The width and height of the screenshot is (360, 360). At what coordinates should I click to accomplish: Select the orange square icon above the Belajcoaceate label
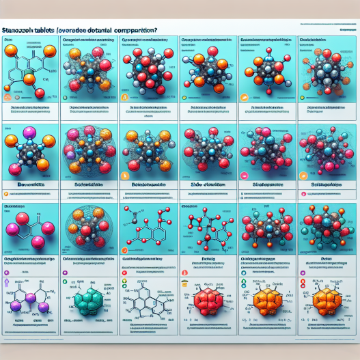(x=124, y=176)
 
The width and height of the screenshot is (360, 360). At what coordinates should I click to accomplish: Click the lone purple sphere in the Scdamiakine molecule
(x=71, y=153)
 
